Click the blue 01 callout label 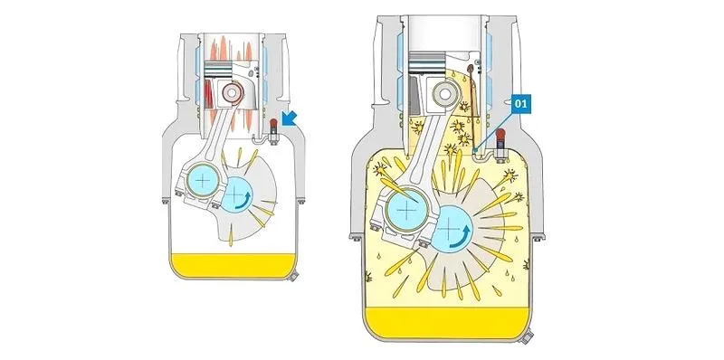[x=520, y=104]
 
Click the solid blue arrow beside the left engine [x=290, y=118]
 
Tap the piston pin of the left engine [x=232, y=93]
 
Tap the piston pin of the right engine [x=444, y=94]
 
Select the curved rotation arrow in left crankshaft [x=247, y=201]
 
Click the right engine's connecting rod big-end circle [x=406, y=211]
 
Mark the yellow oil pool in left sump [x=233, y=265]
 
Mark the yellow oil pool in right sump [x=447, y=323]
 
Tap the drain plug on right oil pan [x=527, y=335]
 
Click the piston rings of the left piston [x=217, y=70]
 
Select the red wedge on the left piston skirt [x=209, y=95]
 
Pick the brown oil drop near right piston [x=470, y=70]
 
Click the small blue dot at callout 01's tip [x=476, y=149]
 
